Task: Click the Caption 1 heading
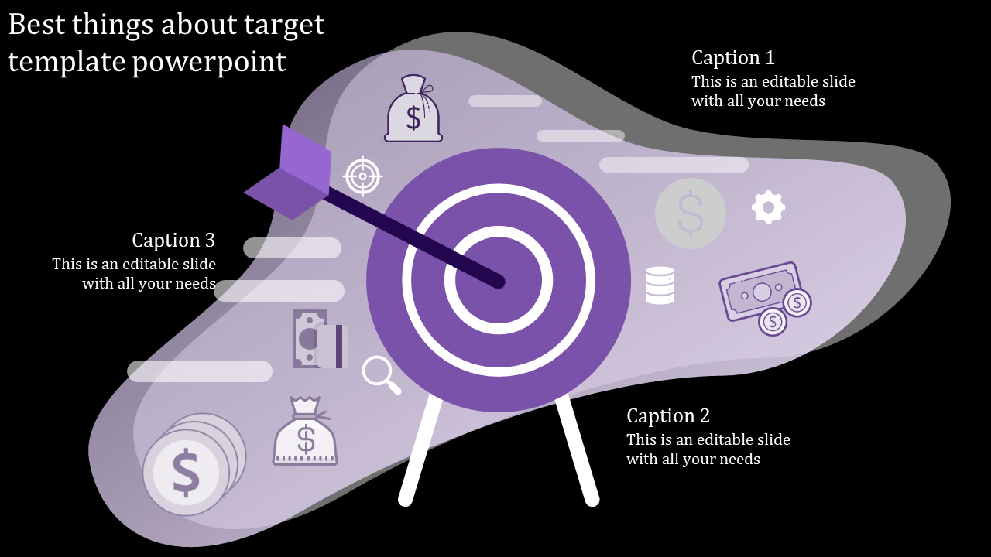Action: pos(732,58)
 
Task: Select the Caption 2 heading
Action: pos(667,416)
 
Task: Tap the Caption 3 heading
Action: pos(173,241)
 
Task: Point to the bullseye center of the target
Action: pos(499,281)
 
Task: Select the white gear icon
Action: pos(768,207)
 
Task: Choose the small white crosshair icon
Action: pos(363,176)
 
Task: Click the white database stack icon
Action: pos(660,285)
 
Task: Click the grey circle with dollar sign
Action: pos(690,213)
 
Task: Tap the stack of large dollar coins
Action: pos(192,464)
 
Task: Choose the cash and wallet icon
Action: pos(320,339)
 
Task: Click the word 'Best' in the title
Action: pos(37,26)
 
